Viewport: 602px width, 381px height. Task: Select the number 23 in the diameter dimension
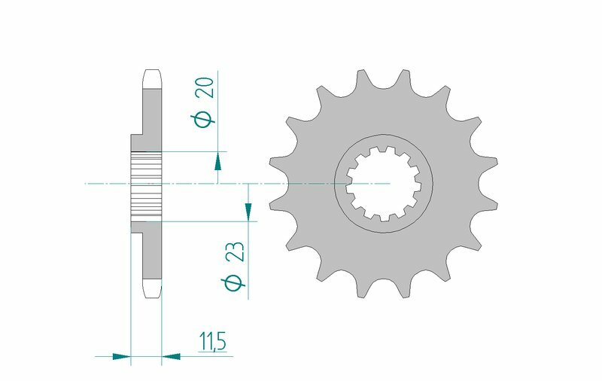[x=234, y=251]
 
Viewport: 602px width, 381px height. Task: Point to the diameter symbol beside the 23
[x=233, y=282]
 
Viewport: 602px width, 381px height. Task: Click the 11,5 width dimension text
[x=212, y=342]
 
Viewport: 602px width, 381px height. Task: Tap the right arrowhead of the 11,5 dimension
[x=172, y=355]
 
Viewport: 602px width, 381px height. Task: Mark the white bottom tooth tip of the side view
[x=151, y=291]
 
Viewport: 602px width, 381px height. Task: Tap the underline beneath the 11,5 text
[x=213, y=355]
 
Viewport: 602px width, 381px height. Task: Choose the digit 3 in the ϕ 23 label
[x=234, y=245]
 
